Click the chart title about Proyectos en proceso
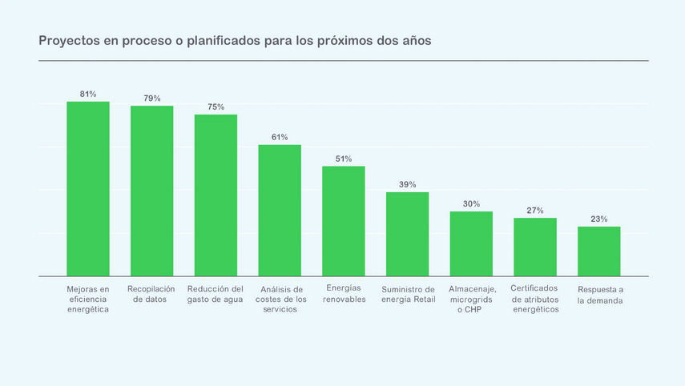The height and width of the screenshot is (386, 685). pos(235,41)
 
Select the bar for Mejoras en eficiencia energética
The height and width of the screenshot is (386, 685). pos(88,189)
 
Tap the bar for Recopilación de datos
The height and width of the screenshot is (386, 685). pos(152,191)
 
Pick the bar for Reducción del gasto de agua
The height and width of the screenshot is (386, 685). pos(216,195)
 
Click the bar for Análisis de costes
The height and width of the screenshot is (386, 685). pos(280,211)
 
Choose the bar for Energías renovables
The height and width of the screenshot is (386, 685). pos(344,221)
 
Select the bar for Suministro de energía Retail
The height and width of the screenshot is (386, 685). pos(407,234)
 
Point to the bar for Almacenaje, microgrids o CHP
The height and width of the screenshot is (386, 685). pos(471,243)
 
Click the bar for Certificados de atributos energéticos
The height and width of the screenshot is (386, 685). pos(535,247)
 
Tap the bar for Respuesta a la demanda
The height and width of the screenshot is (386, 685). pos(598,251)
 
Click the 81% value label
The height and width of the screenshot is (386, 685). pos(88,94)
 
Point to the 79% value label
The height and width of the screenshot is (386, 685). pos(152,99)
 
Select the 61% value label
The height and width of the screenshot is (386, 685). pos(280,137)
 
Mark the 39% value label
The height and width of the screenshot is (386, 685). pos(407,184)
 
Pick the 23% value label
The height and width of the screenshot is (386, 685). pos(598,219)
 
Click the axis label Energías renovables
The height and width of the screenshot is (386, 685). pos(344,294)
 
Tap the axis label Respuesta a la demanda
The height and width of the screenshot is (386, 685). pos(600,295)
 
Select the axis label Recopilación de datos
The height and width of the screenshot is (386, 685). pos(151,294)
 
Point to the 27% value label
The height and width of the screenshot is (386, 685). pos(535,211)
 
